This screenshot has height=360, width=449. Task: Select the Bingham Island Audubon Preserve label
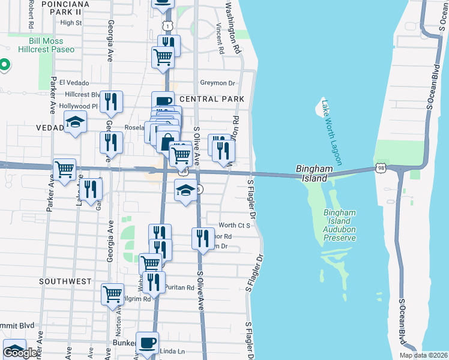click(x=340, y=225)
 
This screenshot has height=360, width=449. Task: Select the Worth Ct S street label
click(x=234, y=225)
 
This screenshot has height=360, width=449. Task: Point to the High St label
click(x=71, y=23)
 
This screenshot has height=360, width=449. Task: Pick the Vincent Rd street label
click(x=220, y=39)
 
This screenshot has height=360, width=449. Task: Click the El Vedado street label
click(x=75, y=83)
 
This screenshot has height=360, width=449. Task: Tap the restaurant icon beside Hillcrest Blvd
click(x=110, y=102)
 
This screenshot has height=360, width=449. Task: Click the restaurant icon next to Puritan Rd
click(x=155, y=283)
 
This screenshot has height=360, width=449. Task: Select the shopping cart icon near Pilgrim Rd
click(x=112, y=295)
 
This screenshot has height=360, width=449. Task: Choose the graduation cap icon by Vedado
click(x=74, y=122)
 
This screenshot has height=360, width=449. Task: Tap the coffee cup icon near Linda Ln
click(x=147, y=343)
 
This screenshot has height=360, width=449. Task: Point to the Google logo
click(x=20, y=353)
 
